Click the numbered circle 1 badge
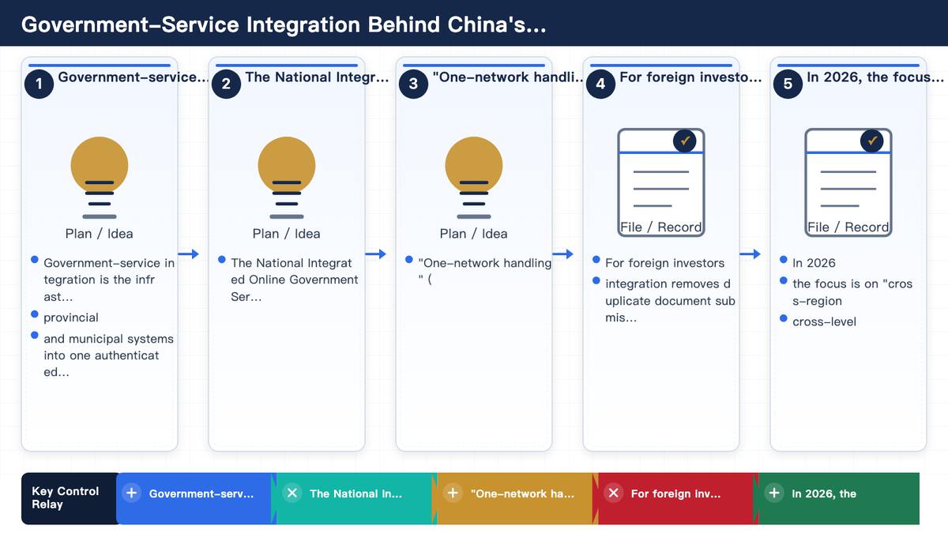tap(39, 84)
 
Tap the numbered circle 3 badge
tap(413, 84)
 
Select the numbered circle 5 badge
tap(788, 84)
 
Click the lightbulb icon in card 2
tap(287, 178)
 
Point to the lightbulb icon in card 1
tap(100, 178)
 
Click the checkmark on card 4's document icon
tap(685, 141)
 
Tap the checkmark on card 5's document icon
tap(872, 141)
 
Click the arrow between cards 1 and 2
tap(188, 253)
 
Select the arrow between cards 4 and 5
tap(750, 253)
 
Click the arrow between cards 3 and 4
tap(562, 253)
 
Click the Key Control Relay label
tap(65, 498)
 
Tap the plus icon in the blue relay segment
tap(132, 493)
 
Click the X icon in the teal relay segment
tap(292, 493)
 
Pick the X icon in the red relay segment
tap(614, 493)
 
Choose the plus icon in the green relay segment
tap(774, 493)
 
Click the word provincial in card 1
tap(71, 317)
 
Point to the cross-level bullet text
tap(825, 322)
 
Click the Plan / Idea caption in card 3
tap(473, 234)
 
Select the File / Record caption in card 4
tap(661, 227)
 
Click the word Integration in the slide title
tap(303, 25)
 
